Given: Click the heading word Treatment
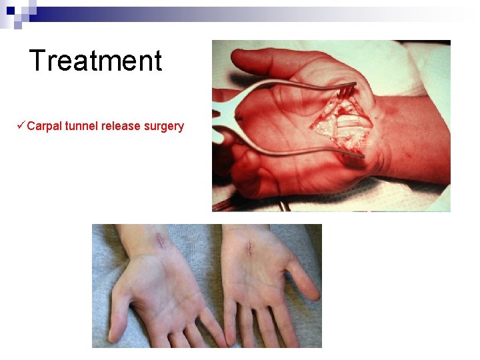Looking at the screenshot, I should click(x=96, y=61).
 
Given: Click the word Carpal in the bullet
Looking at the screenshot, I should click(x=45, y=126).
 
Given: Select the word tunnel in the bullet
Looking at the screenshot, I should click(x=81, y=126).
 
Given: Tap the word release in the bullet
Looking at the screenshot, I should click(x=121, y=126).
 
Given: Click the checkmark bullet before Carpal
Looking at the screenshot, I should click(x=22, y=125).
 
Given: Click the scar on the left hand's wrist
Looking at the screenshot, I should click(x=160, y=239).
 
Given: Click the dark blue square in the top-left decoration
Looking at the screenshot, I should click(x=10, y=10).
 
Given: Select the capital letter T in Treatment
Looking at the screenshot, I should click(x=37, y=61).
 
